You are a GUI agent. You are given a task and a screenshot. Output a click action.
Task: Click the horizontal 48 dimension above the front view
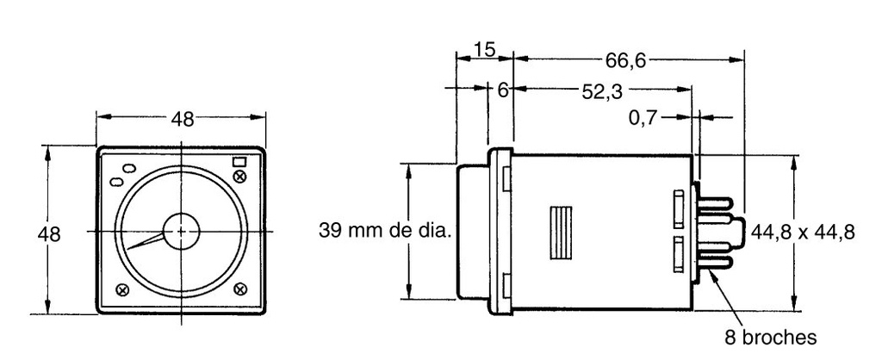(x=182, y=120)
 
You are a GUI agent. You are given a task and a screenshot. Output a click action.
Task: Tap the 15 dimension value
(x=484, y=50)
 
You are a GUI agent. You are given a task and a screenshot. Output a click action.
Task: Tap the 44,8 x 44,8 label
(x=803, y=232)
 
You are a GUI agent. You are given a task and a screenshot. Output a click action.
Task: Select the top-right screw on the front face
(x=239, y=177)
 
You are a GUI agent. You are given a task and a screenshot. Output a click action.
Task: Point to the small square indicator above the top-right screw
(x=239, y=161)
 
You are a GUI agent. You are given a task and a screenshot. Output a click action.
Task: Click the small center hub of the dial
(x=182, y=232)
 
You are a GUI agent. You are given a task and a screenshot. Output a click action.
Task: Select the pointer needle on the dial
(x=146, y=242)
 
